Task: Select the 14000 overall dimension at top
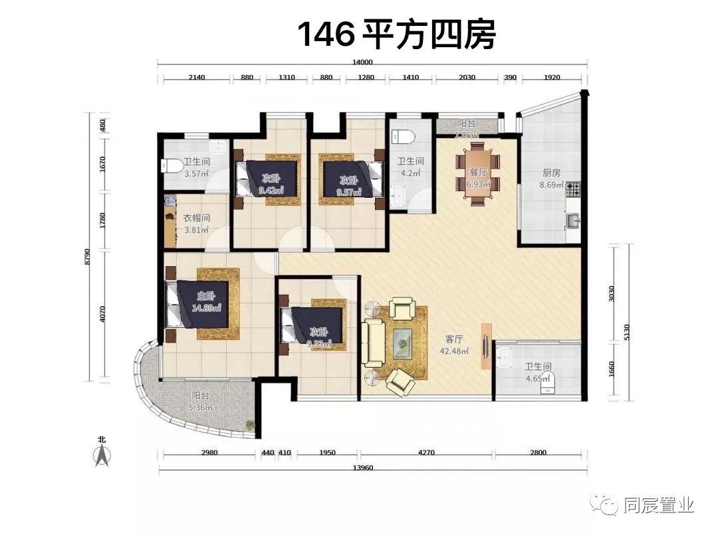pos(362,62)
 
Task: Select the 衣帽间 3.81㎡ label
pos(196,224)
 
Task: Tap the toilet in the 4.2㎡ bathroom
pos(404,136)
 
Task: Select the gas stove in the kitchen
pos(574,191)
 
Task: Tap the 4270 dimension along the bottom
pos(426,453)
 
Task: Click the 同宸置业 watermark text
pos(659,506)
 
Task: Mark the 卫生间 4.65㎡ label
pos(538,372)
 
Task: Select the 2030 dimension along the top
pos(467,77)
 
